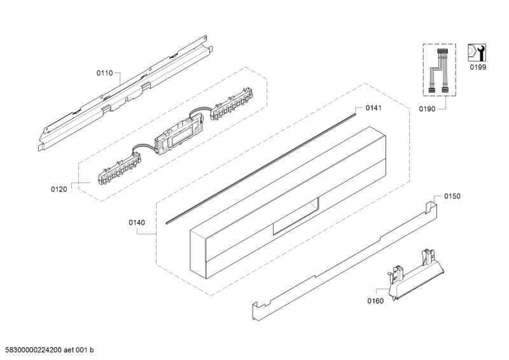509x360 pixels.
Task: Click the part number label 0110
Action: pos(105,74)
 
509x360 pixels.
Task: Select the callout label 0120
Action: pos(59,189)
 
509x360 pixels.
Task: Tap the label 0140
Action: pos(136,223)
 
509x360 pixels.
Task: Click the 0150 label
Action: pos(452,197)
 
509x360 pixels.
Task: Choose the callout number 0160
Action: pos(375,301)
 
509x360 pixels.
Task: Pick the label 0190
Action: pos(428,110)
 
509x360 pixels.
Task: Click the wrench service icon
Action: pos(476,52)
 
